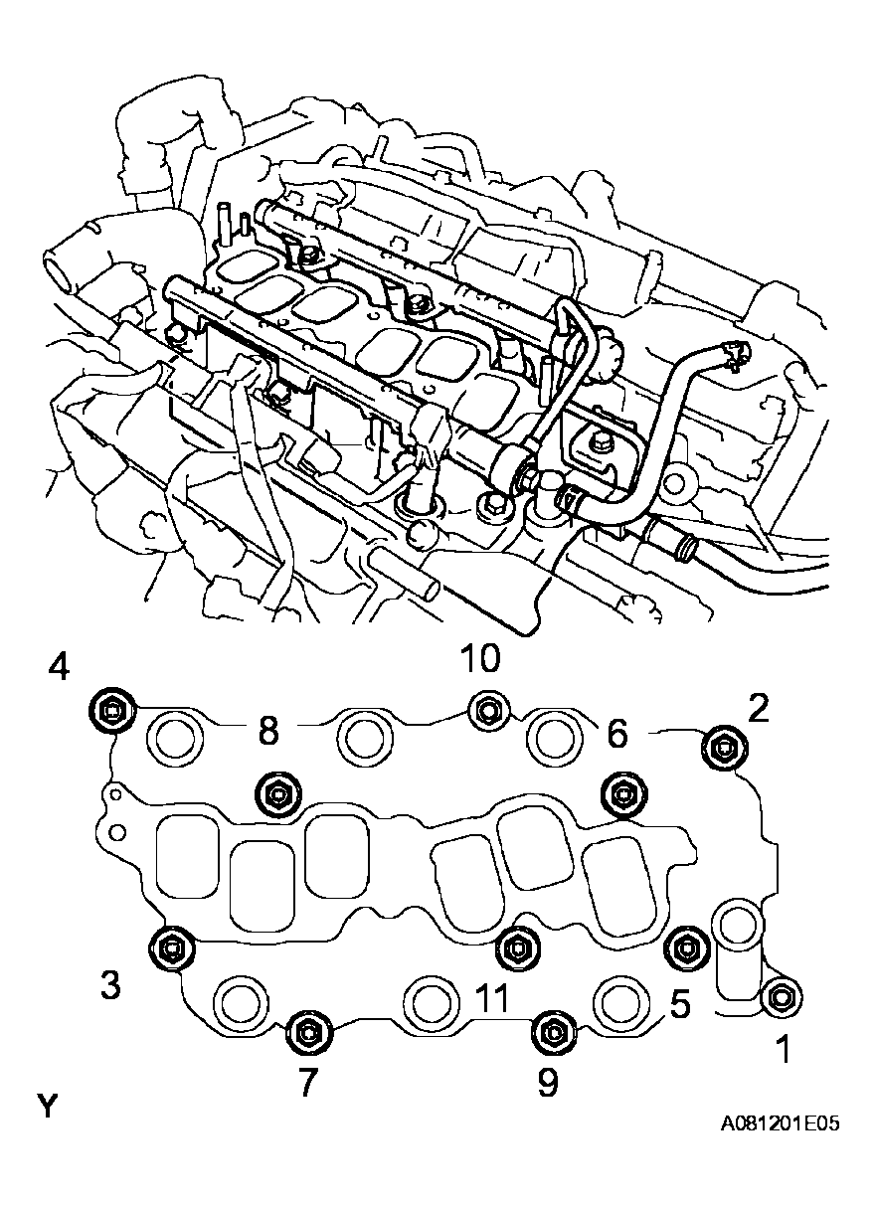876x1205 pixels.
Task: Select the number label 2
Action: (759, 708)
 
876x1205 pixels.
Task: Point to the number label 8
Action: (266, 732)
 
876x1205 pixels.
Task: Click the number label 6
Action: (616, 735)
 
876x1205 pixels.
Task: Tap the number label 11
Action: (491, 998)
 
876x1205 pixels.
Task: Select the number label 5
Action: (680, 1004)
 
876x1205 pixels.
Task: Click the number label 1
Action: (784, 1048)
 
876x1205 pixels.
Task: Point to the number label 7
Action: (307, 1083)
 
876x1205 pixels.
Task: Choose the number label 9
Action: (548, 1083)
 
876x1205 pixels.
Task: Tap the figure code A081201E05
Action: (781, 1123)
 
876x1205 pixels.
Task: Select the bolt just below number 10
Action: (486, 709)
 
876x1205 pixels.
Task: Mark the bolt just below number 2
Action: (722, 748)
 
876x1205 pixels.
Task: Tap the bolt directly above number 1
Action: (782, 995)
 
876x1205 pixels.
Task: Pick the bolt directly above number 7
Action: (305, 1034)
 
